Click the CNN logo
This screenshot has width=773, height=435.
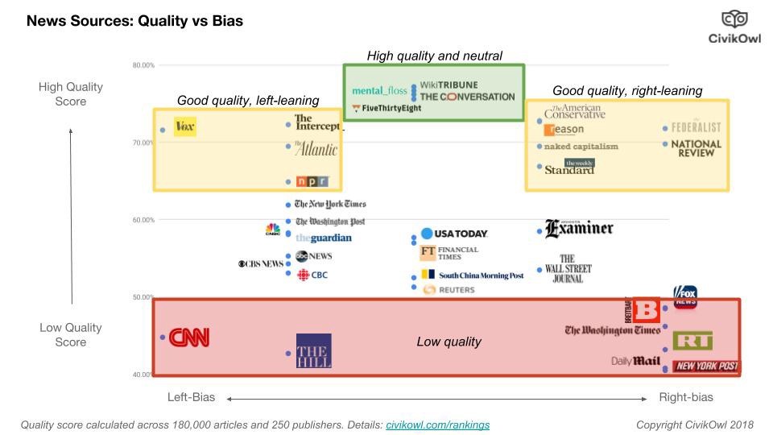(x=189, y=338)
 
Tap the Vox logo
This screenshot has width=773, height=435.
(x=184, y=127)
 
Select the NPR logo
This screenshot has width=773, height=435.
(x=312, y=181)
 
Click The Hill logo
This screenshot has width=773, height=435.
(x=313, y=351)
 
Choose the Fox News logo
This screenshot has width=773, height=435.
(x=684, y=297)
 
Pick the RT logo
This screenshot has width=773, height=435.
(x=692, y=341)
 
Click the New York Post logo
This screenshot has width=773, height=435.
(x=706, y=367)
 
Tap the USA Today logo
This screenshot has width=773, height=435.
(x=455, y=234)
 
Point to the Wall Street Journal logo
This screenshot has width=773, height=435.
(x=568, y=269)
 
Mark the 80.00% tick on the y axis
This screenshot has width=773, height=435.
(x=143, y=65)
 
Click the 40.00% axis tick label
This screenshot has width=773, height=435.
(x=143, y=375)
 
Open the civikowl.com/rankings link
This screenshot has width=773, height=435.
(x=437, y=425)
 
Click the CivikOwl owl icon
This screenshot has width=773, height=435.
(x=734, y=19)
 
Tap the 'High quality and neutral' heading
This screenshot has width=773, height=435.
(x=434, y=56)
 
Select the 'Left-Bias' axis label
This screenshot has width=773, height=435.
(x=191, y=397)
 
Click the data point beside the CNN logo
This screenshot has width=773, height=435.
(x=162, y=338)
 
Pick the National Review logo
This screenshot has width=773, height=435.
(x=697, y=148)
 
